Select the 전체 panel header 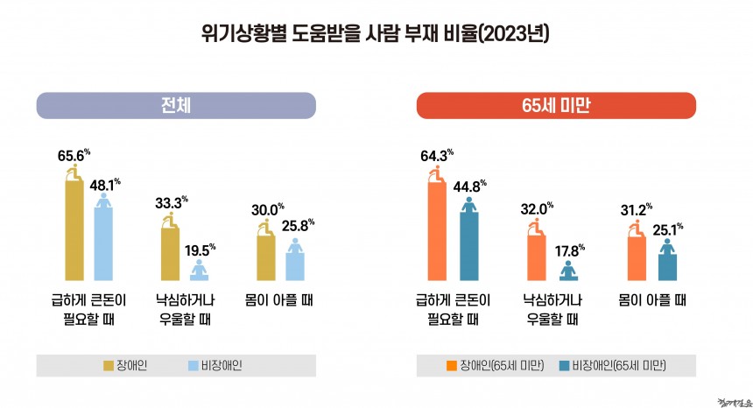pyautogui.click(x=176, y=105)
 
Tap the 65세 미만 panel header pyautogui.click(x=556, y=105)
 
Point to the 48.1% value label pyautogui.click(x=104, y=185)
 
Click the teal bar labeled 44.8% pyautogui.click(x=469, y=246)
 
